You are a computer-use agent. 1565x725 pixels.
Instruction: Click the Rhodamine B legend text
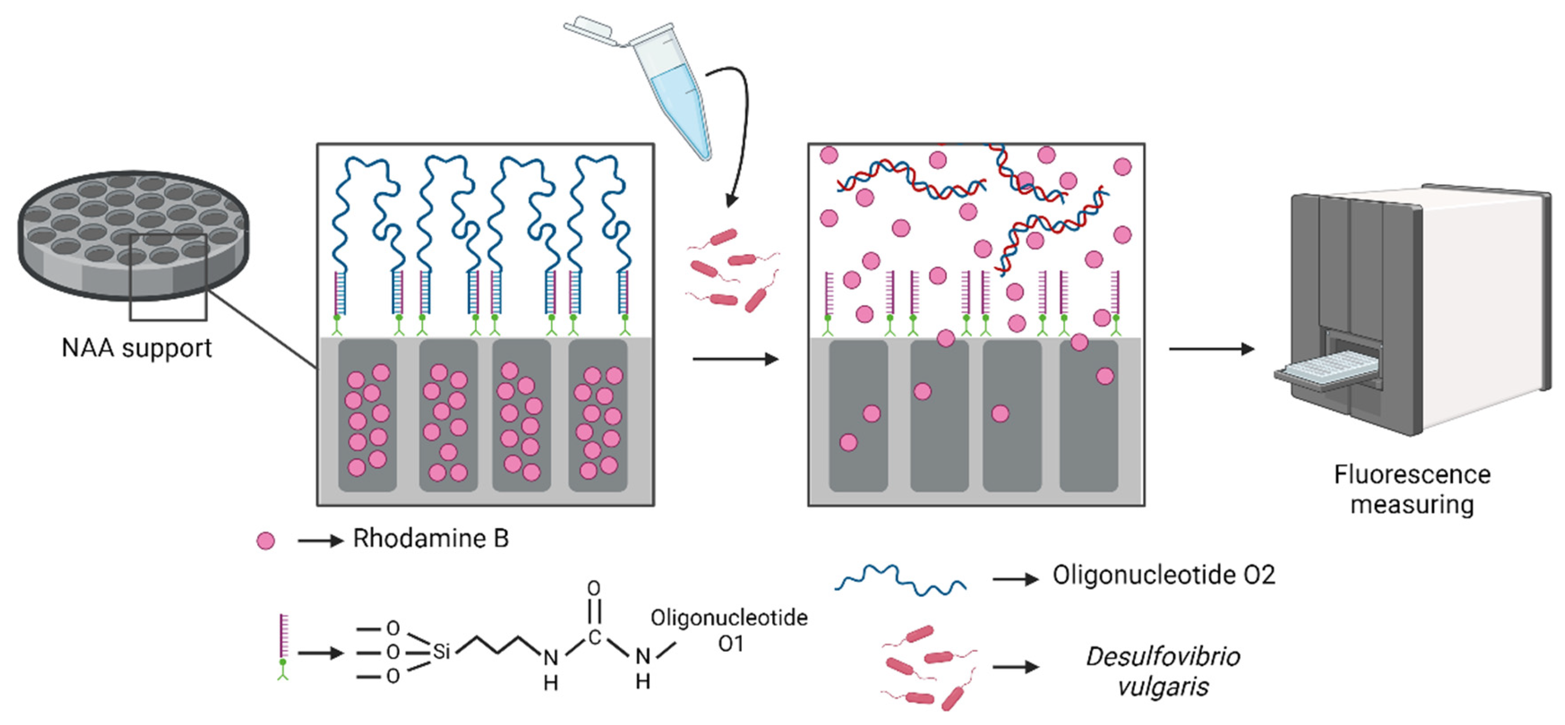(x=430, y=539)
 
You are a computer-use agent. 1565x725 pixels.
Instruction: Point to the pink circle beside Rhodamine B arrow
(x=266, y=540)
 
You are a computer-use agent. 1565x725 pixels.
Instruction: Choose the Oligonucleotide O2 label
(x=1163, y=576)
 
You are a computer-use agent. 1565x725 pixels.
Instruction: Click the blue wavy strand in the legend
(x=900, y=580)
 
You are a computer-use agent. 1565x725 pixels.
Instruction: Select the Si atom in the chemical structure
(x=441, y=652)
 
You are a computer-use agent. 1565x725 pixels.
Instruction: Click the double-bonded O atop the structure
(x=593, y=588)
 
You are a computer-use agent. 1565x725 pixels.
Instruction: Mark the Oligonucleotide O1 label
(x=729, y=630)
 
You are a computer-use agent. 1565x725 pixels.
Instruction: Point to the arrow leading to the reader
(x=1211, y=349)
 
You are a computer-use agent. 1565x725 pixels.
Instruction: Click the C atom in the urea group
(x=594, y=637)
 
